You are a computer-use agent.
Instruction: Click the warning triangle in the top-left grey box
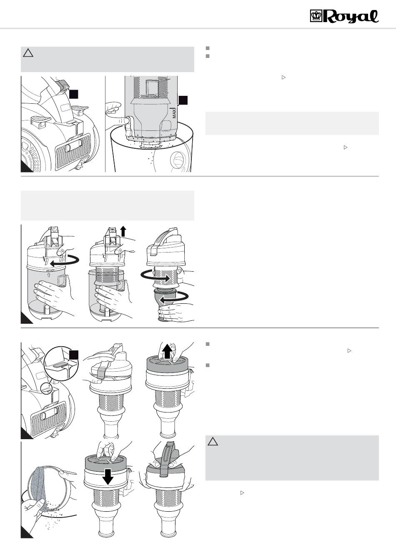click(x=28, y=52)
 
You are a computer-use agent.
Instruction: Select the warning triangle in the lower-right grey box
click(x=213, y=442)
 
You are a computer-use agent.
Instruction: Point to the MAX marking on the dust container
click(x=175, y=112)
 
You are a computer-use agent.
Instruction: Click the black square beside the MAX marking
click(x=183, y=100)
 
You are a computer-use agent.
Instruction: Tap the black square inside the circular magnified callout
click(x=74, y=355)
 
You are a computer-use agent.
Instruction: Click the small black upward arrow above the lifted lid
click(x=123, y=230)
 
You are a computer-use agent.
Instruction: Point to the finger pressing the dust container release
click(x=121, y=120)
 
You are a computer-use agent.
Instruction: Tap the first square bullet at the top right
click(x=207, y=47)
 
